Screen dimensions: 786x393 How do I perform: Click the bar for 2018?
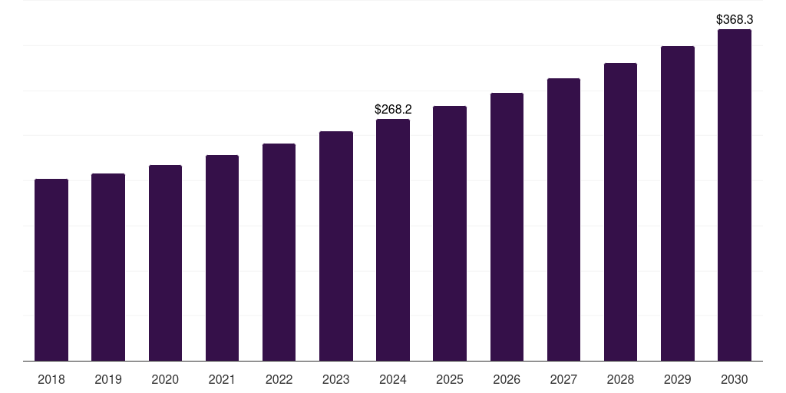click(51, 269)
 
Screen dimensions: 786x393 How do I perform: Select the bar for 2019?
click(108, 267)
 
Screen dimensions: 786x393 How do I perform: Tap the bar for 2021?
click(222, 258)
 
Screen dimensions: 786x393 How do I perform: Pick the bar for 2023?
click(336, 246)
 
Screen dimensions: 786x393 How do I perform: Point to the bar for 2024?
click(393, 240)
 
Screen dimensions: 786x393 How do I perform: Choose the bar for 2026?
click(507, 227)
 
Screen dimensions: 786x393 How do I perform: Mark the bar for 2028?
click(620, 212)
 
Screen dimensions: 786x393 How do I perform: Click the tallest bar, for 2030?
click(735, 195)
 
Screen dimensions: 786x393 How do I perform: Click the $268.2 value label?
click(393, 109)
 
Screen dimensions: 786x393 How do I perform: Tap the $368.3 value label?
click(735, 19)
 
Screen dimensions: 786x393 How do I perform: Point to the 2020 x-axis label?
click(165, 379)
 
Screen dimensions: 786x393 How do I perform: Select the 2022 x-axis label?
click(279, 379)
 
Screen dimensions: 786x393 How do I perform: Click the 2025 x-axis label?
click(450, 379)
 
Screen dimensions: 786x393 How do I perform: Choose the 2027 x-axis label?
click(563, 379)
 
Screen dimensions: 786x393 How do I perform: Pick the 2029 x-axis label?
click(677, 379)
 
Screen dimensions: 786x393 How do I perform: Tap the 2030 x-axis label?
click(735, 379)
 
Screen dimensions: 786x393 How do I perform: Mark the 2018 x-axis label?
click(51, 379)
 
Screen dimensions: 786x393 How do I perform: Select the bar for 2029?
click(678, 203)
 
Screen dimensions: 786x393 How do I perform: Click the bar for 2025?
click(450, 233)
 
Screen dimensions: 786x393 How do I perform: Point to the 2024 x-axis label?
click(393, 379)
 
